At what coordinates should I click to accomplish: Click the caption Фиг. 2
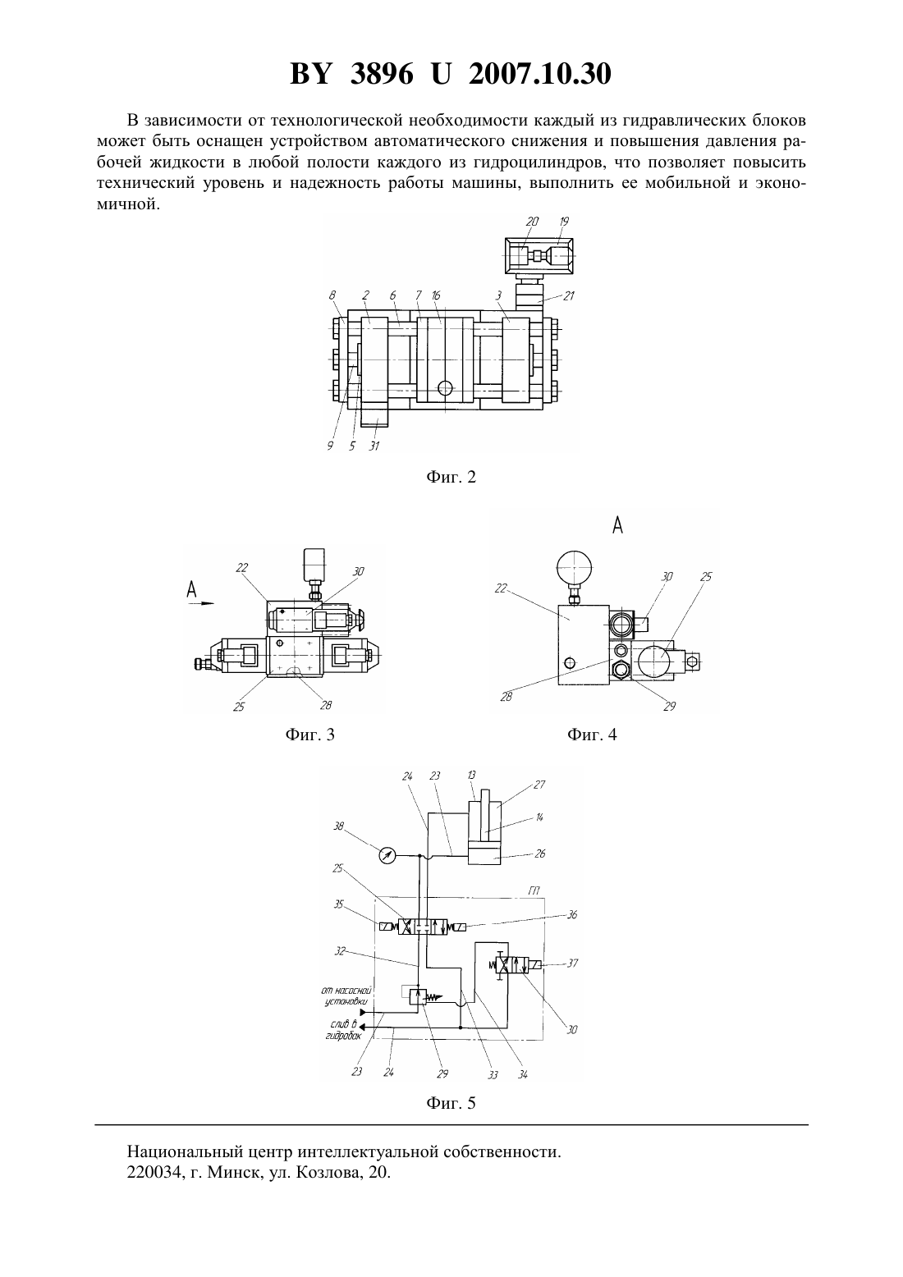click(451, 477)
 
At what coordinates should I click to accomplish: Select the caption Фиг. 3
click(309, 735)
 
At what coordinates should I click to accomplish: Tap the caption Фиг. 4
click(592, 735)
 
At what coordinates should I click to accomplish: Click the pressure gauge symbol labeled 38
click(387, 855)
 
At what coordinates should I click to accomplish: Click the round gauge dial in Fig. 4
click(574, 569)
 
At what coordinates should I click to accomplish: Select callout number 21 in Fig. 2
click(568, 296)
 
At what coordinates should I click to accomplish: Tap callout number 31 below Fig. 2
click(374, 446)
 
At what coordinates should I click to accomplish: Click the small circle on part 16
click(445, 388)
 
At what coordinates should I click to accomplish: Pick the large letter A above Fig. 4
click(617, 525)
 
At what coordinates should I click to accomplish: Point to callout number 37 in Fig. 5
click(572, 963)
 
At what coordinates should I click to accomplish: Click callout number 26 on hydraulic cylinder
click(540, 854)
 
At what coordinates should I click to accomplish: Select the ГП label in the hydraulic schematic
click(534, 890)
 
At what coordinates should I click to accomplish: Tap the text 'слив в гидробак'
click(345, 1030)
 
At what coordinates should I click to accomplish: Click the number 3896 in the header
click(381, 74)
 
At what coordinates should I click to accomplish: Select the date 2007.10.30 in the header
click(540, 74)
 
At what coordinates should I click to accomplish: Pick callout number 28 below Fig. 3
click(326, 705)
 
